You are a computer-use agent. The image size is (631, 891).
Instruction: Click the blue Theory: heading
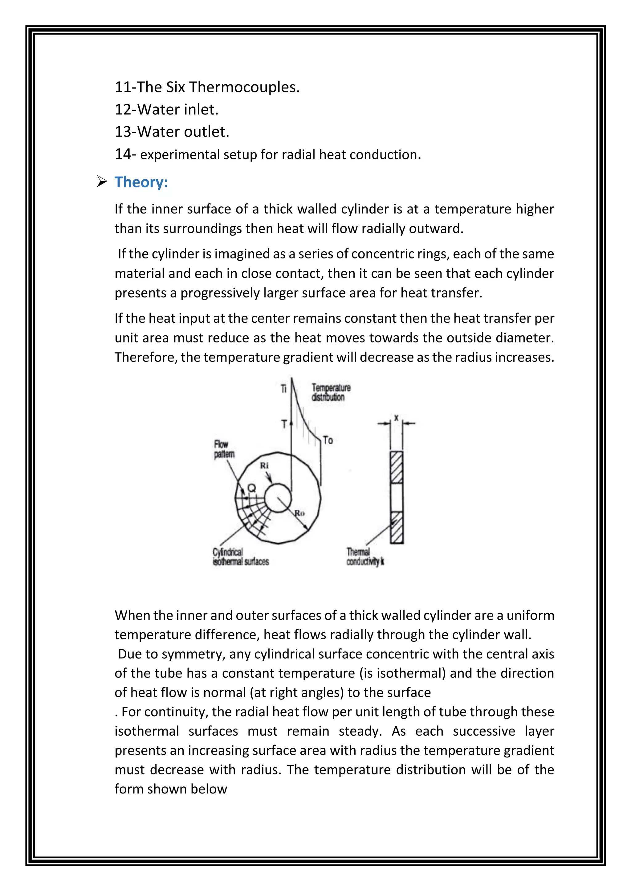pyautogui.click(x=141, y=182)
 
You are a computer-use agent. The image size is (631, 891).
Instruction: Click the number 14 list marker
pyautogui.click(x=123, y=154)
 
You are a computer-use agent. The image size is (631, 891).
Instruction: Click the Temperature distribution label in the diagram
pyautogui.click(x=330, y=392)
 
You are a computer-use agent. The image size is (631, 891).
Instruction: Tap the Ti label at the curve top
pyautogui.click(x=284, y=389)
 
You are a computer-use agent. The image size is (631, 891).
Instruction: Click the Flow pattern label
pyautogui.click(x=224, y=449)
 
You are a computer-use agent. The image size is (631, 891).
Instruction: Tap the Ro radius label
pyautogui.click(x=299, y=513)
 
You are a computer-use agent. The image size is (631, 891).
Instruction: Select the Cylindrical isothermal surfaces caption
pyautogui.click(x=240, y=557)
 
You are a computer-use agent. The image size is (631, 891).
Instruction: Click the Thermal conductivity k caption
pyautogui.click(x=365, y=557)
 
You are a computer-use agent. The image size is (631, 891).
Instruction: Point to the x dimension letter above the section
pyautogui.click(x=396, y=418)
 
